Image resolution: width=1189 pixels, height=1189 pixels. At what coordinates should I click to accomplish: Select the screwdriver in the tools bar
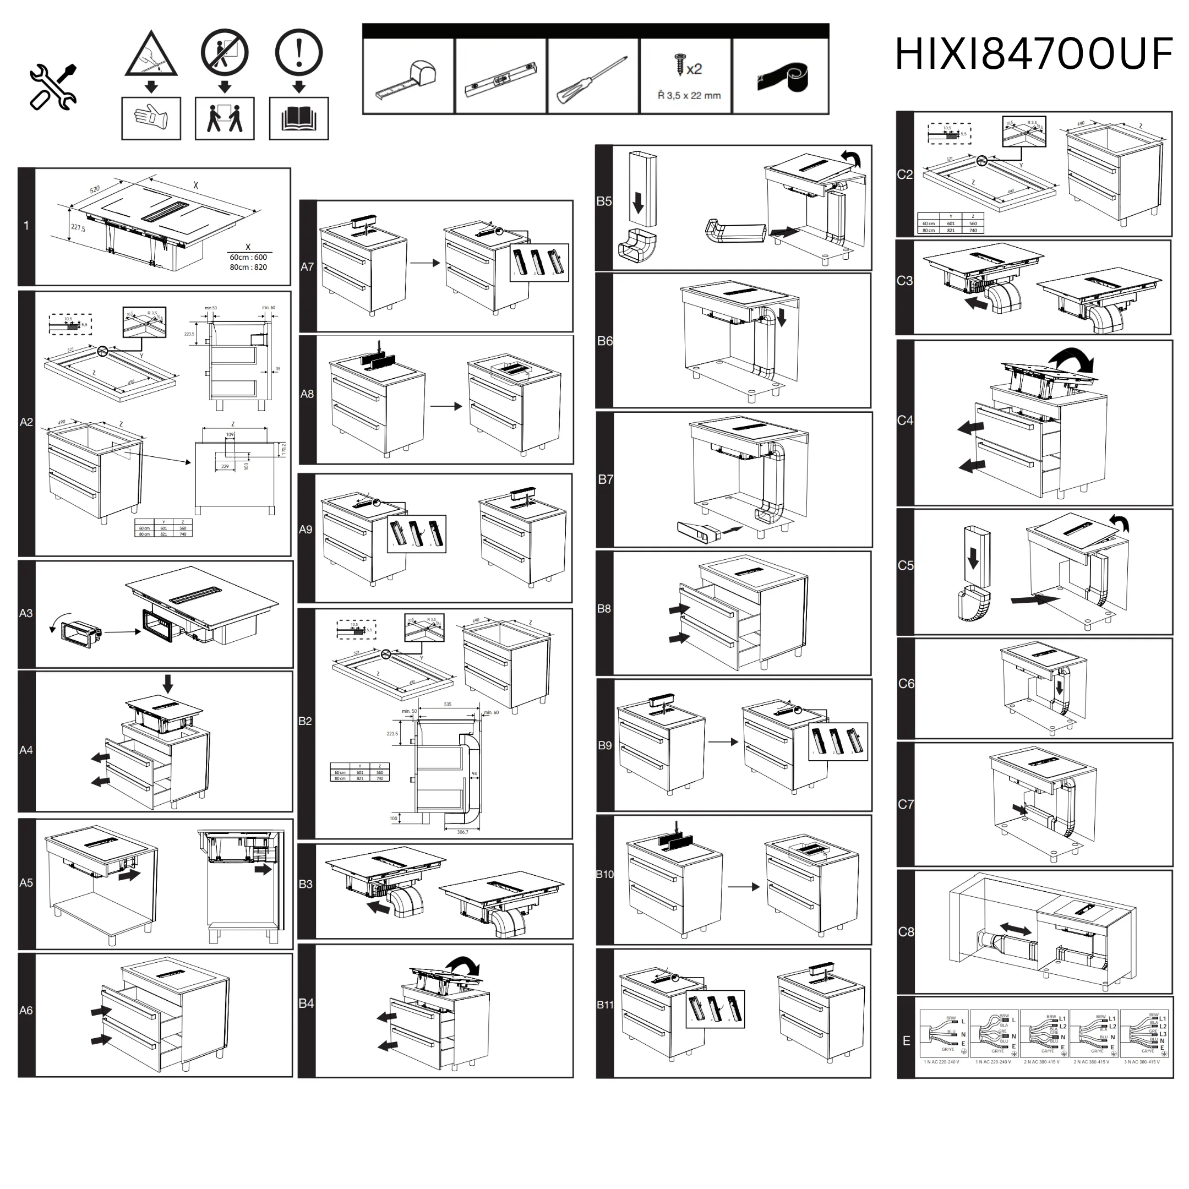(x=592, y=80)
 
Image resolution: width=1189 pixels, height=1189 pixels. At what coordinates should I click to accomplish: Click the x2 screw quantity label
(x=694, y=69)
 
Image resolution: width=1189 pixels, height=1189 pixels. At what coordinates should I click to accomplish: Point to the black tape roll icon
(x=782, y=78)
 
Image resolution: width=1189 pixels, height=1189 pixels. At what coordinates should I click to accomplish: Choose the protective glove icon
(x=151, y=118)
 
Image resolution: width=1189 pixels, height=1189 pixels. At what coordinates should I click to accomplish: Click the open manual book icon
(x=298, y=118)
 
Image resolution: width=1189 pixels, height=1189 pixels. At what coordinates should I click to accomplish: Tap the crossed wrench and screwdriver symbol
(x=53, y=88)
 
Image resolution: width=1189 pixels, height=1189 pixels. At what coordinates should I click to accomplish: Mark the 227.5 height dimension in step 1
(x=78, y=228)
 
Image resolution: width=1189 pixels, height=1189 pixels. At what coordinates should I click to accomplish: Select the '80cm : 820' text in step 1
(x=248, y=267)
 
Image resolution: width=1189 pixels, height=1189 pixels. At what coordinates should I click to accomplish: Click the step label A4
(x=26, y=750)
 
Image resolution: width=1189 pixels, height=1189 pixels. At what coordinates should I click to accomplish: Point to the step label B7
(x=606, y=479)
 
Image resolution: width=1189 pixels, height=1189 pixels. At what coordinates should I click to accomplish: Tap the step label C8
(x=906, y=932)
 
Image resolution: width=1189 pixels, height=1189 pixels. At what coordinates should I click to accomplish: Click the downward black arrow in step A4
(x=167, y=683)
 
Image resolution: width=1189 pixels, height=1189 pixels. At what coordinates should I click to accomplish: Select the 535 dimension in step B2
(x=448, y=704)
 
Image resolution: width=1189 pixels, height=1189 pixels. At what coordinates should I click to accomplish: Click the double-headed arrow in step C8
(x=1016, y=929)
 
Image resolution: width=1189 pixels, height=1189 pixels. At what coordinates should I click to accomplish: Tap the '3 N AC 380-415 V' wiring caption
(x=1142, y=1062)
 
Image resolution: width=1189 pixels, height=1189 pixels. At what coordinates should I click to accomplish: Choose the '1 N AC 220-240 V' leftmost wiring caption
(x=941, y=1062)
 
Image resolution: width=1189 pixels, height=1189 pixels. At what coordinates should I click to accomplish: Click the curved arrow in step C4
(x=1074, y=359)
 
